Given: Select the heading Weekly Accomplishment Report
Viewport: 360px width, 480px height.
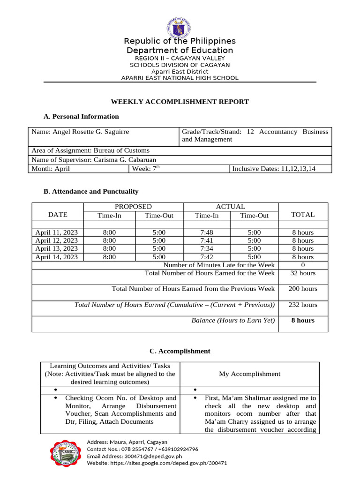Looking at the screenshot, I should (x=180, y=102).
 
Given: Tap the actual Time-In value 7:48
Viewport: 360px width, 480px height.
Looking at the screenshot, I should (x=207, y=232).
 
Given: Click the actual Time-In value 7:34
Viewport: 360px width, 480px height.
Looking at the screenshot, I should (x=207, y=249).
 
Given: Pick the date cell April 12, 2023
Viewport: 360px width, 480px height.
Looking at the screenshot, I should (x=57, y=241).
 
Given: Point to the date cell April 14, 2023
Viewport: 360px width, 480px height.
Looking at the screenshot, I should (x=57, y=257).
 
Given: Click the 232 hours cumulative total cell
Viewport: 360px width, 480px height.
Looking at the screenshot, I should (x=303, y=305).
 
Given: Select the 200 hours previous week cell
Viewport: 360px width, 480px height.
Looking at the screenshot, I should (x=303, y=289).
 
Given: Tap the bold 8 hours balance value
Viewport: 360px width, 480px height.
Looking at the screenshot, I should (x=303, y=321).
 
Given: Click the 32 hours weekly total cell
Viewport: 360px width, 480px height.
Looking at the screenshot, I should (x=303, y=273).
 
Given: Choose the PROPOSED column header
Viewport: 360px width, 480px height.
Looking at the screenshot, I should (x=133, y=207).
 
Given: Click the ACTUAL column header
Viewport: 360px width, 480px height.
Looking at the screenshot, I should (x=231, y=207).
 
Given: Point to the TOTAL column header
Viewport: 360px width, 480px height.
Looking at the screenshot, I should (x=303, y=215).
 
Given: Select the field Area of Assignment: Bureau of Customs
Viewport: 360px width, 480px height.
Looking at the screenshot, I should (x=90, y=150).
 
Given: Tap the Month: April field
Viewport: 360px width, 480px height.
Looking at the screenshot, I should (x=51, y=169).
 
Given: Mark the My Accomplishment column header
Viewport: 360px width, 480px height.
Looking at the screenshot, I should (x=249, y=374).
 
